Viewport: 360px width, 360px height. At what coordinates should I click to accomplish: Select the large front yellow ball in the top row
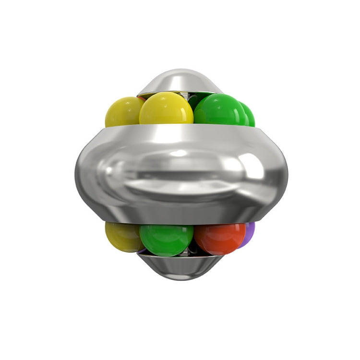tap(166, 109)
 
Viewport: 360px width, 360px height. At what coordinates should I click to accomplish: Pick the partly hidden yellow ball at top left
tap(121, 112)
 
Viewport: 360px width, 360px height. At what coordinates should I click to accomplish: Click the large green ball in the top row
tap(218, 109)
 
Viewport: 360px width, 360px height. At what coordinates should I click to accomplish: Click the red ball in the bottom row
tap(220, 239)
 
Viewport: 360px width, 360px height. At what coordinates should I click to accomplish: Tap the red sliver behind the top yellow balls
tap(142, 98)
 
